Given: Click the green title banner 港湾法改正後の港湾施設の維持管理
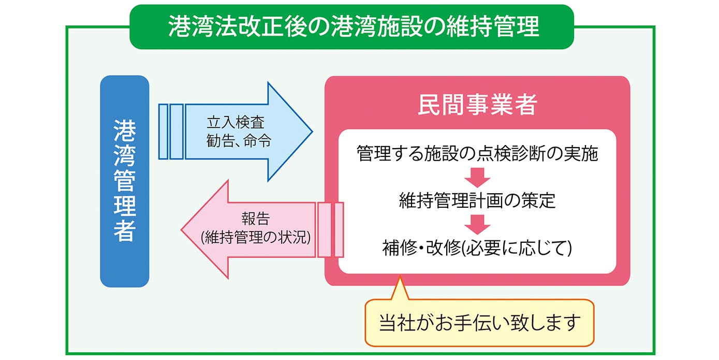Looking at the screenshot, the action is click(x=351, y=26).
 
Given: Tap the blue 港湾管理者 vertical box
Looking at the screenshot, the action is click(x=125, y=181).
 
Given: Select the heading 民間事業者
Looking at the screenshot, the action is click(x=477, y=105).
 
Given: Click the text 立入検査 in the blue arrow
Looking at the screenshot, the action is click(x=236, y=122).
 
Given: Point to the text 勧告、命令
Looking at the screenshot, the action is click(x=239, y=141).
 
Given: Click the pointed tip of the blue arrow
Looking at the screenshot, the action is click(x=312, y=132).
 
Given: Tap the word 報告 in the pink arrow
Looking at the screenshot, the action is click(x=256, y=219).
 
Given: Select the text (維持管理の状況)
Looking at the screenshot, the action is click(x=256, y=238).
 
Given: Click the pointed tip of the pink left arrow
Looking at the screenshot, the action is click(x=181, y=229).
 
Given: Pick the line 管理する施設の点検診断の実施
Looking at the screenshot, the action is click(x=477, y=153).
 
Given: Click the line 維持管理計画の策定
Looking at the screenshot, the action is click(x=477, y=200).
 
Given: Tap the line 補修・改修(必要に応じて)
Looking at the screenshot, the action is click(x=477, y=248).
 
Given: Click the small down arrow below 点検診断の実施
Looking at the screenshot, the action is click(x=477, y=177).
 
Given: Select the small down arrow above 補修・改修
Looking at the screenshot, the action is click(x=477, y=224).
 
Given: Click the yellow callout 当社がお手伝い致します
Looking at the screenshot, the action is click(x=479, y=322).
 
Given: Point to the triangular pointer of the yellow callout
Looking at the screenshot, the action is click(x=400, y=288).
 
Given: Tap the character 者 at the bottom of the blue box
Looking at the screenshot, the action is click(x=125, y=231).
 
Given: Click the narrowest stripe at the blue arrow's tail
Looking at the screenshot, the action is click(x=164, y=132).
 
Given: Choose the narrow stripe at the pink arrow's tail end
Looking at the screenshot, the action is click(x=339, y=229).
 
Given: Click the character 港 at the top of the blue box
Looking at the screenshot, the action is click(x=125, y=131).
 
